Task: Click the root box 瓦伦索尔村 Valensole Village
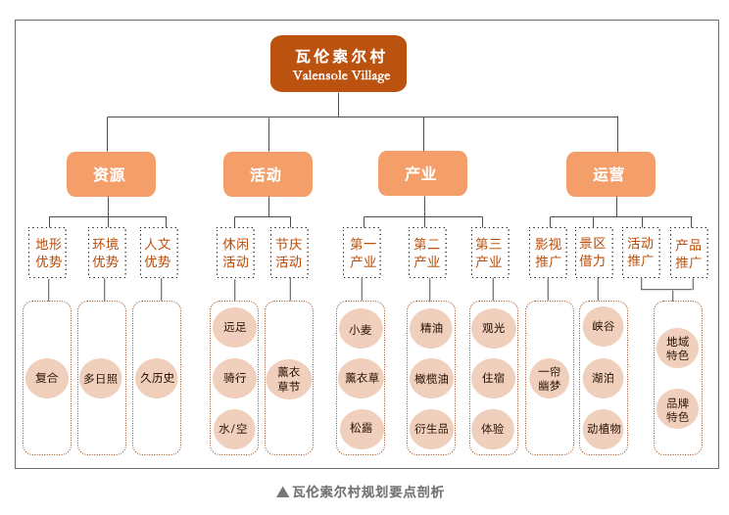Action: point(338,64)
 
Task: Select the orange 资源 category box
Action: point(111,174)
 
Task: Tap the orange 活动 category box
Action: point(267,174)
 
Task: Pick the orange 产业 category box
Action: point(422,173)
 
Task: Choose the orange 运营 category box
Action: point(610,174)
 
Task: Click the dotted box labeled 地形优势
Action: point(47,253)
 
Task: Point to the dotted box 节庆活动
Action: point(290,253)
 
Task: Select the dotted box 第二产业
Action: point(428,253)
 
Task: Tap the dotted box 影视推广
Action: point(548,253)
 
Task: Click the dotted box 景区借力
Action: point(594,253)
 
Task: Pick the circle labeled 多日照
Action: point(101,378)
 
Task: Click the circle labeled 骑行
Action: point(234,378)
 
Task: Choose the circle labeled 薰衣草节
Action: point(289,379)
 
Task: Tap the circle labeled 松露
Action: point(361,428)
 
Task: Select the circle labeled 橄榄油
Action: point(431,378)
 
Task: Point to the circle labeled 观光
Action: point(493,328)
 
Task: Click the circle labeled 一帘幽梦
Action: point(550,378)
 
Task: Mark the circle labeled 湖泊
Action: point(603,378)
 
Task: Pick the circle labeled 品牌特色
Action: point(677,409)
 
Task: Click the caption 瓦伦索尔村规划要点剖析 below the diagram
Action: point(361,492)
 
